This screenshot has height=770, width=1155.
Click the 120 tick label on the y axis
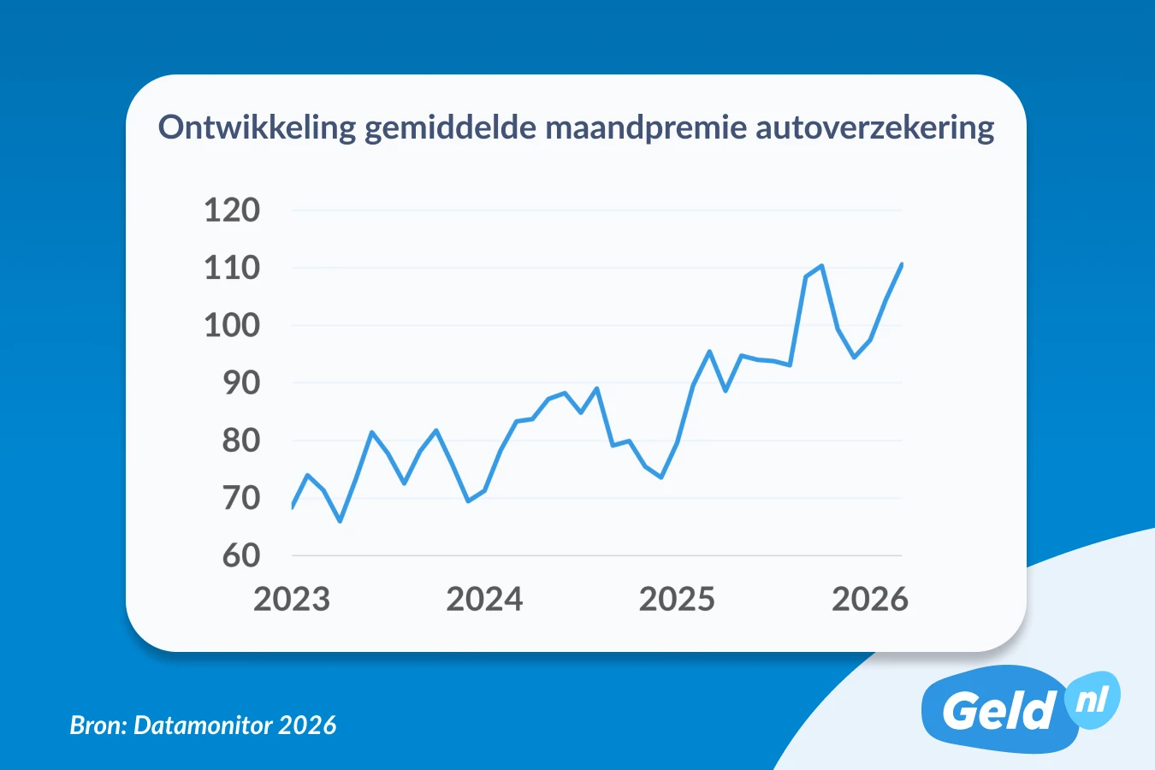[x=231, y=210]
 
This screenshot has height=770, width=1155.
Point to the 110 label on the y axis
[x=231, y=268]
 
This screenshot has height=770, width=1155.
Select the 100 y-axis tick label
[x=231, y=325]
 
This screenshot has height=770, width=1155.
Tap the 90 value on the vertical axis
[x=240, y=383]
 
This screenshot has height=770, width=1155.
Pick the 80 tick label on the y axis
[x=240, y=441]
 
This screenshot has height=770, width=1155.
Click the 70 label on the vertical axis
[x=240, y=498]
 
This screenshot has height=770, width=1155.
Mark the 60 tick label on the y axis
[x=240, y=555]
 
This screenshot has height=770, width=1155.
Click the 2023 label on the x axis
[x=292, y=599]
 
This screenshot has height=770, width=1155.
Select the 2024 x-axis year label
[x=484, y=599]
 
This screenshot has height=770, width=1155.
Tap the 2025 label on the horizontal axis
[x=677, y=599]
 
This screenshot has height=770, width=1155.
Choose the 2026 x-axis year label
[x=869, y=599]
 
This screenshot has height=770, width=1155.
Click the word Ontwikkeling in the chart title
[x=257, y=127]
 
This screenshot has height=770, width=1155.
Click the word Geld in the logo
[x=998, y=710]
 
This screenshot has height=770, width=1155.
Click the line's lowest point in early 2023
[x=340, y=521]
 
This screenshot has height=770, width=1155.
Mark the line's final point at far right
[x=902, y=264]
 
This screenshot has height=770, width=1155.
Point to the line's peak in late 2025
[x=821, y=266]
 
